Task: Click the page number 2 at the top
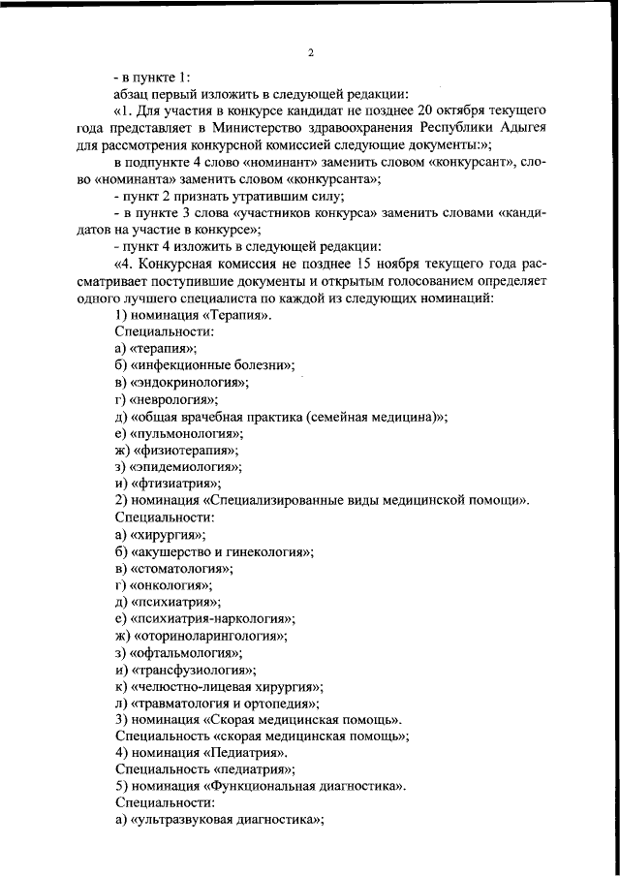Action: point(310,52)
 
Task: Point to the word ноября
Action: point(392,264)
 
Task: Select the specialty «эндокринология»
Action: point(187,382)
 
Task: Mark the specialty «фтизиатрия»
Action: point(175,484)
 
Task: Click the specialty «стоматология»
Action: point(184,568)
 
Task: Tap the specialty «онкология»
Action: point(170,585)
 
